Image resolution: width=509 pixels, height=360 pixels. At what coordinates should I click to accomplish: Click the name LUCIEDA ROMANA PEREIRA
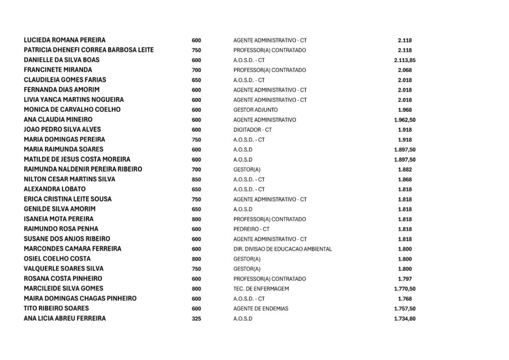65,40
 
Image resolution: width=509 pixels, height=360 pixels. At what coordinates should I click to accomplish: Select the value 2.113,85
405,60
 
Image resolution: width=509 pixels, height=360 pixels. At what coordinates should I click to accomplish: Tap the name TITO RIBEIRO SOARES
56,308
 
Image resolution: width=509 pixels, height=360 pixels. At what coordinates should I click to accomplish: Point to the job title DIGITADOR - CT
253,130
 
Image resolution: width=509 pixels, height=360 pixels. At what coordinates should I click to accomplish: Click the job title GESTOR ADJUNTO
255,110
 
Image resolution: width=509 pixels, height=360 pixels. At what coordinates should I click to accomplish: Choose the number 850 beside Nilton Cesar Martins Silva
196,179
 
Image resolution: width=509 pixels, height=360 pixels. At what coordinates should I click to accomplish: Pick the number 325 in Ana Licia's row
196,318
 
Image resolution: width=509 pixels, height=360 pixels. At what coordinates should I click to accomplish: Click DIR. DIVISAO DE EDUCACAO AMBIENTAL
282,249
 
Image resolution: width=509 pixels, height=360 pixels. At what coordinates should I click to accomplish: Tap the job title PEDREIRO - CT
251,229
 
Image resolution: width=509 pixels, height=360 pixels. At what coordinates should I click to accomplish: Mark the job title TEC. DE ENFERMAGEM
261,289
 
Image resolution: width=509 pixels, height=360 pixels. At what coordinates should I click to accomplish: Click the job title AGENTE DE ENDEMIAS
260,309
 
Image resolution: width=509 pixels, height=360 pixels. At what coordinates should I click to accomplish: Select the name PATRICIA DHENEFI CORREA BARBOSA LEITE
88,50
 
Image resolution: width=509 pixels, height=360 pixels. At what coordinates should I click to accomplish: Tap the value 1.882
405,170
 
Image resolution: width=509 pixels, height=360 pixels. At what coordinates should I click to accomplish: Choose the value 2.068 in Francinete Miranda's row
405,70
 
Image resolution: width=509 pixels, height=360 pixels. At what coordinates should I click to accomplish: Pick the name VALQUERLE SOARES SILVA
64,269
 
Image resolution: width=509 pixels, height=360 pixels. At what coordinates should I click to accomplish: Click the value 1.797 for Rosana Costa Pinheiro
405,279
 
